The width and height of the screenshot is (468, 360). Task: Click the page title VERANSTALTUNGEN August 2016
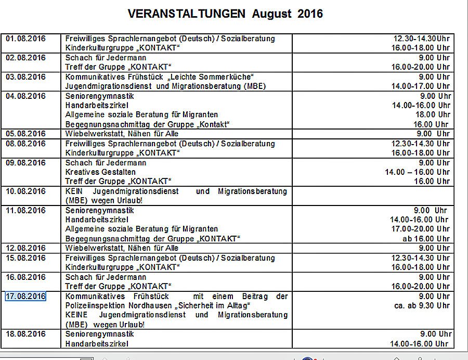[x=225, y=14]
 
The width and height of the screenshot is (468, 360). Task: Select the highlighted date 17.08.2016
[x=25, y=296]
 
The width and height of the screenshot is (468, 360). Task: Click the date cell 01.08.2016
[x=25, y=38]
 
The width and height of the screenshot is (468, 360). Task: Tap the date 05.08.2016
[x=25, y=134]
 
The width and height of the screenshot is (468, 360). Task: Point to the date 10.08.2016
[x=25, y=191]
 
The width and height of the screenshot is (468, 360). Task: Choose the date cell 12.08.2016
[x=25, y=248]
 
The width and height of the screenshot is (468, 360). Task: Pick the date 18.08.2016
[x=25, y=334]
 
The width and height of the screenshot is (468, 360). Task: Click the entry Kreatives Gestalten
[x=100, y=172]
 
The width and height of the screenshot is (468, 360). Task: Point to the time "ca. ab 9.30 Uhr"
[x=422, y=306]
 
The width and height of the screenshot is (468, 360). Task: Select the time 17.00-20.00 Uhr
[x=420, y=229]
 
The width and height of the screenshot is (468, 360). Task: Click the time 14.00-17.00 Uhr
[x=420, y=86]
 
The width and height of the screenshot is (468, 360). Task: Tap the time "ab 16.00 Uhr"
[x=426, y=239]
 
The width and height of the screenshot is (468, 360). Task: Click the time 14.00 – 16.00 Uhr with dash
[x=417, y=172]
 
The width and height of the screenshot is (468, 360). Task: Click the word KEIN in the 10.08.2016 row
[x=74, y=191]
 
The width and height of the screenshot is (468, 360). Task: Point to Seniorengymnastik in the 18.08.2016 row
[x=100, y=334]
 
